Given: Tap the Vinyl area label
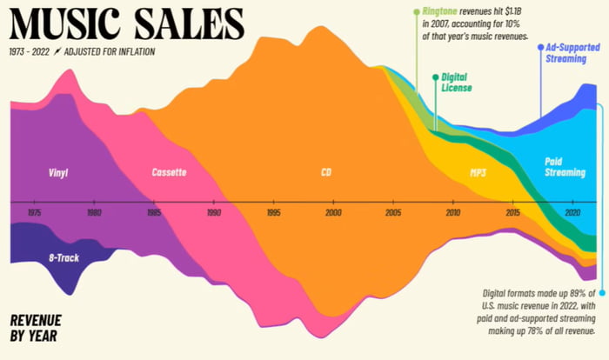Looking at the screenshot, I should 58,172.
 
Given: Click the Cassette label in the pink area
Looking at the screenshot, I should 168,172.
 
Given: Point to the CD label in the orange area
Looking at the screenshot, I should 325,172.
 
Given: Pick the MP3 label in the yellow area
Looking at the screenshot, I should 478,173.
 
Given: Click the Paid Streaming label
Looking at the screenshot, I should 564,167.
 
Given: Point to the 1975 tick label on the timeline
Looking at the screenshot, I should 34,212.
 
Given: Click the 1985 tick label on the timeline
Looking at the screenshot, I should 153,212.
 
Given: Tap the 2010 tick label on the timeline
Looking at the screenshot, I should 452,212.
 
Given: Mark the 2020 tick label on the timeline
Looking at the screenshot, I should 572,212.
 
